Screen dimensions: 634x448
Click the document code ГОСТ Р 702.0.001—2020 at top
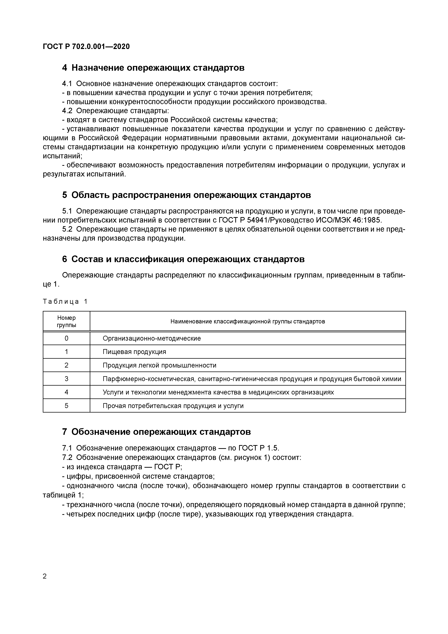pyautogui.click(x=86, y=46)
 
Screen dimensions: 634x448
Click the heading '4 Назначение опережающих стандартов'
pyautogui.click(x=153, y=68)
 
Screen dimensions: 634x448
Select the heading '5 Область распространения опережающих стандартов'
pyautogui.click(x=187, y=195)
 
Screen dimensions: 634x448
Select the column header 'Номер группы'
pyautogui.click(x=66, y=321)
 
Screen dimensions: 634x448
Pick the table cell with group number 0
pyautogui.click(x=66, y=338)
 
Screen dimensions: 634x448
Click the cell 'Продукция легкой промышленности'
pyautogui.click(x=159, y=365)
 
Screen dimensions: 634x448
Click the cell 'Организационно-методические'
pyautogui.click(x=152, y=338)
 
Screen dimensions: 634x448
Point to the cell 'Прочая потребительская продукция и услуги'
pyautogui.click(x=173, y=406)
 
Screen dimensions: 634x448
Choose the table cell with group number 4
pyautogui.click(x=66, y=392)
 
